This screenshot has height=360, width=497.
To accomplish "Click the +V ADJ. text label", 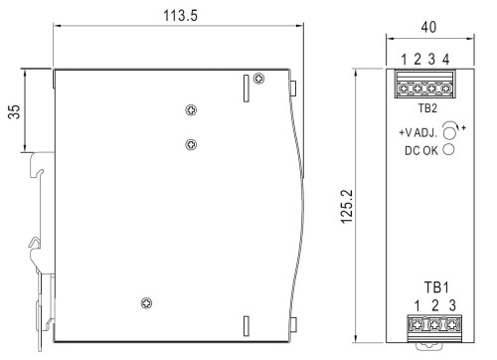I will tap(418, 131).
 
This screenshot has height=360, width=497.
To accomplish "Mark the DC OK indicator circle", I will tap(449, 149).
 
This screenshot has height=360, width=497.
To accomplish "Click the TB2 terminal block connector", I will tap(424, 87).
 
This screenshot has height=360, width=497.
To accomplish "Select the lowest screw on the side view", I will tap(147, 303).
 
